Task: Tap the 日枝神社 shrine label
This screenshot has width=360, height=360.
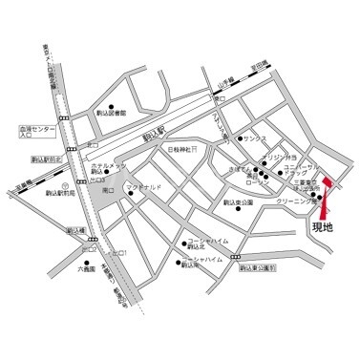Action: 181,151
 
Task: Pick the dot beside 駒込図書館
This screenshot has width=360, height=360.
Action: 112,106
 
